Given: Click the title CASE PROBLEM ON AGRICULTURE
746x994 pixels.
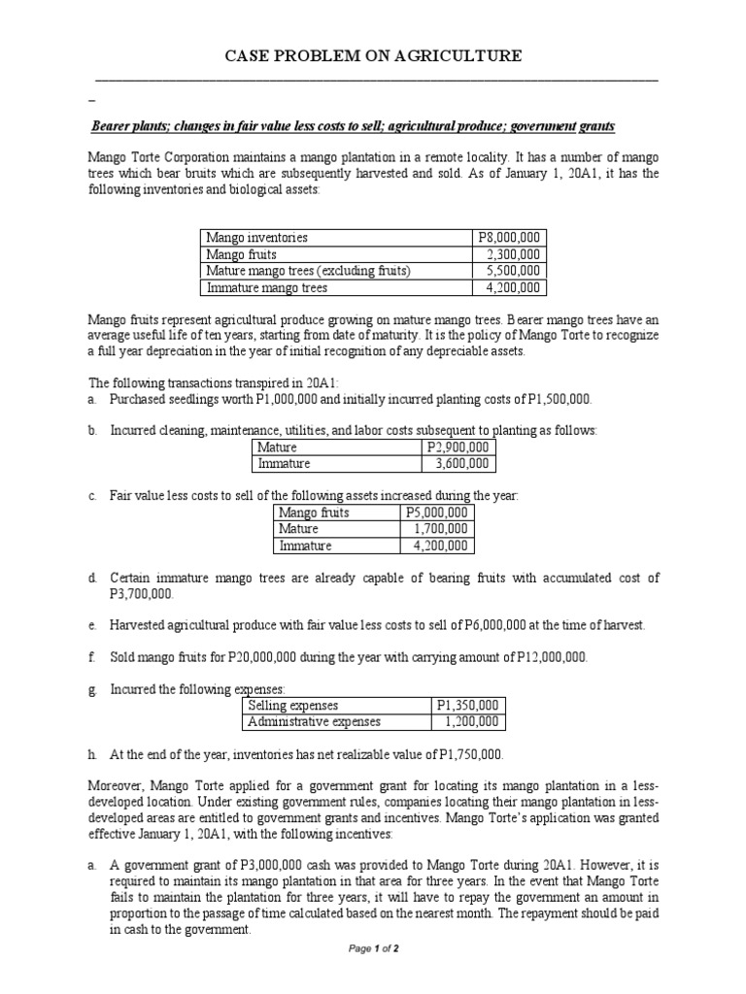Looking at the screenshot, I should click(373, 56).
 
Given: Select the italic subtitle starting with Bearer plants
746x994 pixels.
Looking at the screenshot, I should click(353, 127).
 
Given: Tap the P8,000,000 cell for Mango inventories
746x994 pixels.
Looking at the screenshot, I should click(509, 238).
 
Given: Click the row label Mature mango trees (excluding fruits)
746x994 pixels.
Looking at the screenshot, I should click(308, 271).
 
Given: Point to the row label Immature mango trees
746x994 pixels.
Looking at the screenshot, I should click(266, 287).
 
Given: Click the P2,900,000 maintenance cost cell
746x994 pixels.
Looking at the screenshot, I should click(459, 447).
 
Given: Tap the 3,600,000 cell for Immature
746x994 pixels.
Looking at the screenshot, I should click(463, 464).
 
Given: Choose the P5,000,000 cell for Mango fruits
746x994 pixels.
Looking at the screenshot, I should click(436, 513).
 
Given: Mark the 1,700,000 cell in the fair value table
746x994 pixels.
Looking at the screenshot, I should click(440, 529).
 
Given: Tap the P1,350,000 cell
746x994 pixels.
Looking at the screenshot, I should click(468, 705).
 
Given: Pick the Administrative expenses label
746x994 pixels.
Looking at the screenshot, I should click(315, 721).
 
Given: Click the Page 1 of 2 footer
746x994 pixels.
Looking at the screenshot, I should click(373, 948).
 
